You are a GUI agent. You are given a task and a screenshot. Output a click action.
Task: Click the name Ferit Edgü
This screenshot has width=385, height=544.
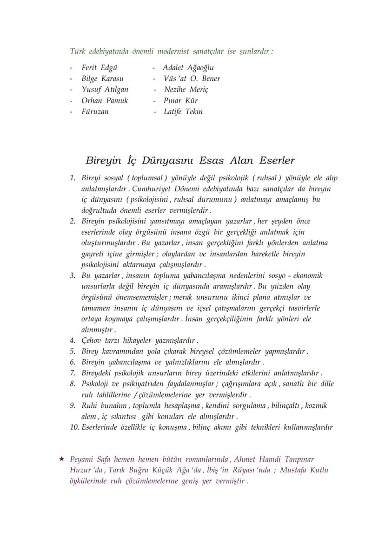[x=96, y=68]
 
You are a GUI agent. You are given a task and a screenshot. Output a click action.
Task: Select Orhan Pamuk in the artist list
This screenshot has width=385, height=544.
[x=104, y=101]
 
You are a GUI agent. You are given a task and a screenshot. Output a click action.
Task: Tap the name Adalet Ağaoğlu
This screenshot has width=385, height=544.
[x=188, y=68]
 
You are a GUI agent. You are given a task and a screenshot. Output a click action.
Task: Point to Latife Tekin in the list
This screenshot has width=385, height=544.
[x=183, y=112]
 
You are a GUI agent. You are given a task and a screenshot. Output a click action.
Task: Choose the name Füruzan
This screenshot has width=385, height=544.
[x=95, y=112]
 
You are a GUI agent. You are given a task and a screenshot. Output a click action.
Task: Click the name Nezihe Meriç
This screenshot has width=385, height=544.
[x=186, y=90]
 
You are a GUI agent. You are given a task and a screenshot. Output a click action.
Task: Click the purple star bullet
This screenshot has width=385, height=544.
[x=61, y=459]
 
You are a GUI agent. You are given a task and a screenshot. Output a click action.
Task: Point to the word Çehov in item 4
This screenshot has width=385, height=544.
[x=91, y=341]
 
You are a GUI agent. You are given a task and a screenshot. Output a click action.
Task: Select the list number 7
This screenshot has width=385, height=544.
[x=73, y=373]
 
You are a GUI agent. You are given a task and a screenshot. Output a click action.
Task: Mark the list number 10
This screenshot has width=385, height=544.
[x=74, y=427]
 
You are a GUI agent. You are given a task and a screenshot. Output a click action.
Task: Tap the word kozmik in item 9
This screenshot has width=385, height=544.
[x=316, y=406]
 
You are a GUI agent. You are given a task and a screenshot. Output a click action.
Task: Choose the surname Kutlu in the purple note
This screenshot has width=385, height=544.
[x=319, y=470]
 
